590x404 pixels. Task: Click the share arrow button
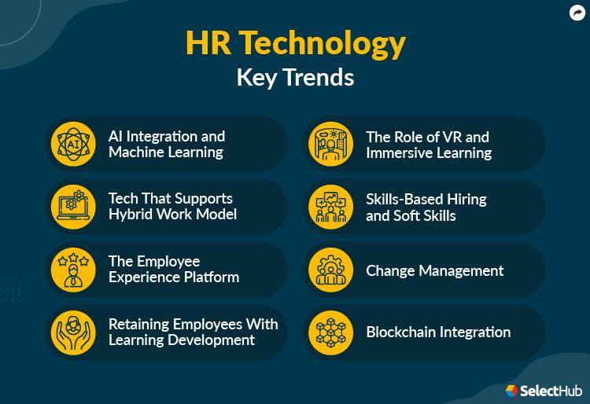coord(577,13)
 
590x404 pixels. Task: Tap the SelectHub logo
coord(544,391)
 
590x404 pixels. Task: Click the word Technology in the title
coord(322,44)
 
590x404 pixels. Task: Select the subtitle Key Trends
coord(295,77)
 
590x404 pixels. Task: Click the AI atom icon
coord(73,144)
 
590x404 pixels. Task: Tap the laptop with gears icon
coord(73,207)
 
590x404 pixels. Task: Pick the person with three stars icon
coord(73,270)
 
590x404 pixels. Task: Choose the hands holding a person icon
coord(73,332)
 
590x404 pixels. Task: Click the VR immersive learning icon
coord(330,144)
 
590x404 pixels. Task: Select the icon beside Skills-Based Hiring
coord(330,207)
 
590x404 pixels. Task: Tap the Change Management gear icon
coord(330,270)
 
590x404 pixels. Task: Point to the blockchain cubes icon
coord(330,332)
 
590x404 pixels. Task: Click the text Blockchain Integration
coord(438,332)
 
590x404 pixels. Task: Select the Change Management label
coord(434,271)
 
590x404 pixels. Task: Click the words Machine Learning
coord(166,152)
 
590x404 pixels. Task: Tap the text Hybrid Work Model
coord(173,215)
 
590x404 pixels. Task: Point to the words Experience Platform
coord(174,277)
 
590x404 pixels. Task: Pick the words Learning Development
coord(182,340)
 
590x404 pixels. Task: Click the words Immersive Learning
coord(429,153)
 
